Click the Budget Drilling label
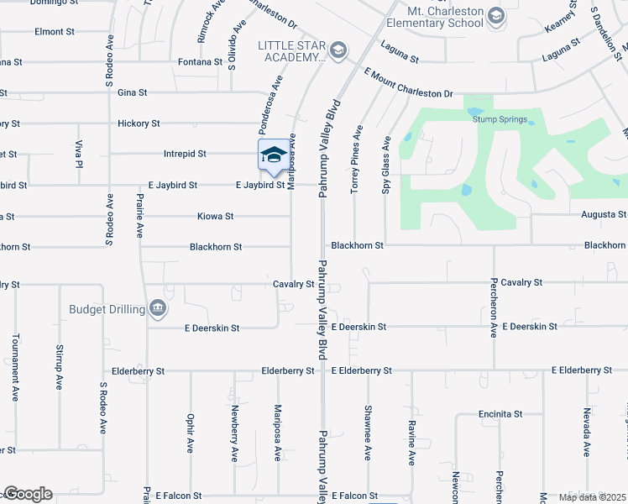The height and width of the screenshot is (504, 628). pos(107,309)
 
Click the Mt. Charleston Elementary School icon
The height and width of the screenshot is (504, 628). pos(497,17)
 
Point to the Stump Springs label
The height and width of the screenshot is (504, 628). pos(500,119)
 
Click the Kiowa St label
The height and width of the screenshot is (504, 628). pos(216,217)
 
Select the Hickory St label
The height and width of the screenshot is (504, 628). pos(139,123)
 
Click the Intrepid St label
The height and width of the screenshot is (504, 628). pos(185,155)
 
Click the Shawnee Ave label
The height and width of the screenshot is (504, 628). pos(368,433)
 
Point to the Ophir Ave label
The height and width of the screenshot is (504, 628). pos(191,433)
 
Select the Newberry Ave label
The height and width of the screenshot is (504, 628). pos(235,433)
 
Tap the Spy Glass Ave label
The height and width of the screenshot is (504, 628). pos(386,166)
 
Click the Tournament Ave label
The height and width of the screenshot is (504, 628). pos(15,367)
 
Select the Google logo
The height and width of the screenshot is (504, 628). pos(29,494)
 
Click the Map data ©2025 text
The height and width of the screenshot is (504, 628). pos(592,497)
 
